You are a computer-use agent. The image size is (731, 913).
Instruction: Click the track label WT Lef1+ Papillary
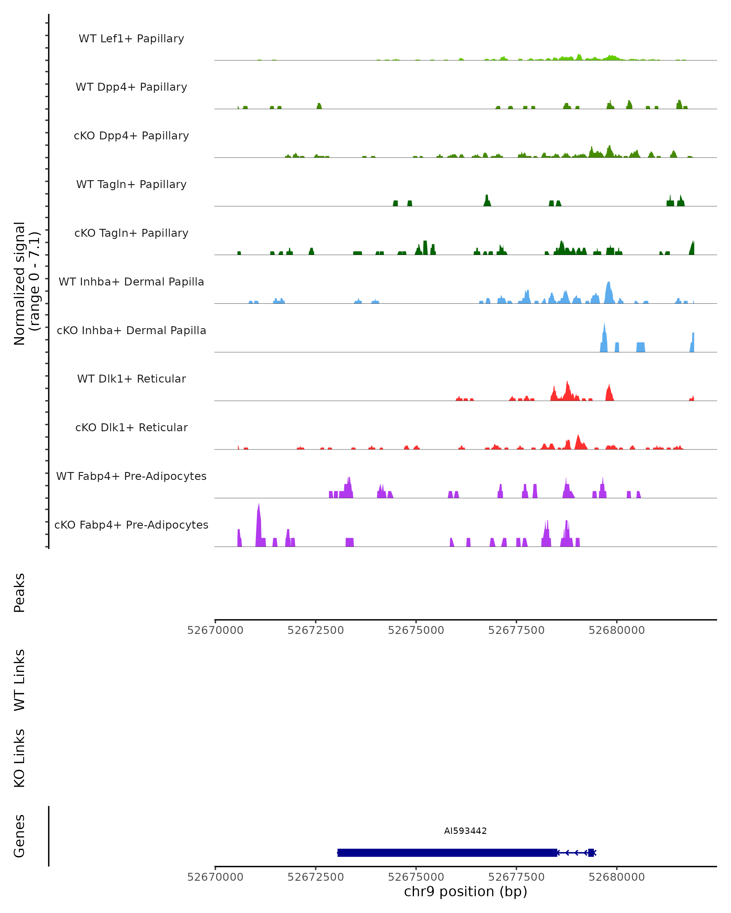tap(131, 39)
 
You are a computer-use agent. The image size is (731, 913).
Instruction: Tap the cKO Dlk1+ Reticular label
tap(131, 427)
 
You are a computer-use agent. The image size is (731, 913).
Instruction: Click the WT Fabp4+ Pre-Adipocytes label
tap(131, 476)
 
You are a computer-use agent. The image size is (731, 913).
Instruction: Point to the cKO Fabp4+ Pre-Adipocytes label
tap(131, 525)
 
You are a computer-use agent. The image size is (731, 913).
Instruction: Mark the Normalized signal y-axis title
tap(26, 283)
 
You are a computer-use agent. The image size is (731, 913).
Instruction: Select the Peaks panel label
tap(19, 593)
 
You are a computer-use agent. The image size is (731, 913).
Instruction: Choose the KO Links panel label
tap(19, 758)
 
